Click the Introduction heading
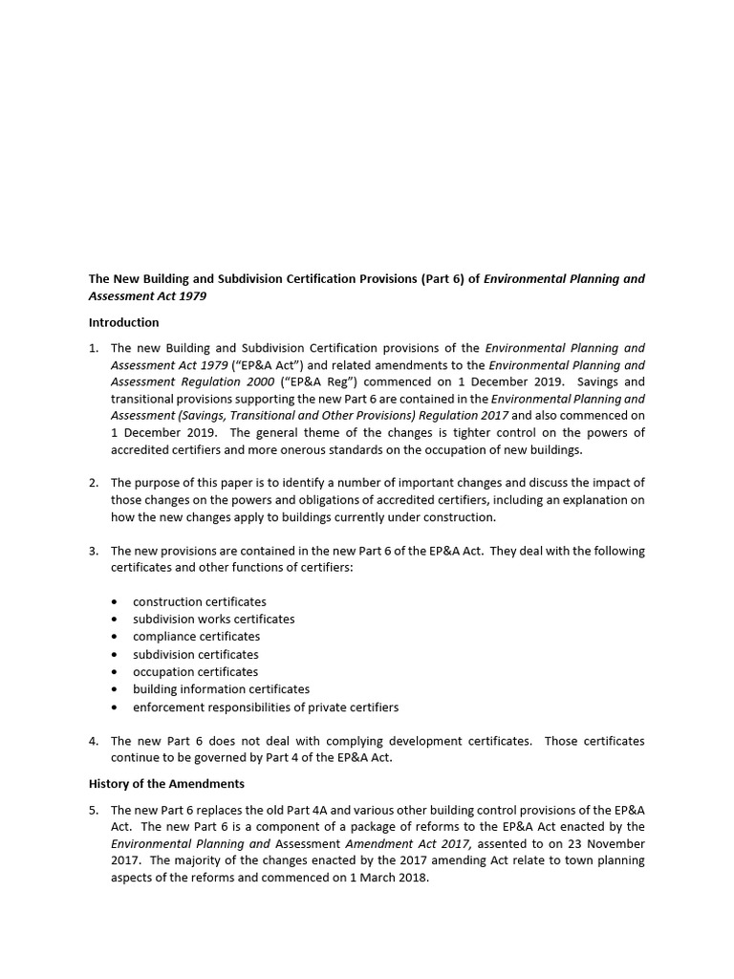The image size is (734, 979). [123, 322]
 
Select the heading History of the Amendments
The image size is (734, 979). [166, 783]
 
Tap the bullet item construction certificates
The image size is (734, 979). [199, 601]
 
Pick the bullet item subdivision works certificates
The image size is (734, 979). [213, 619]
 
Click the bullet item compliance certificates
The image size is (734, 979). [196, 636]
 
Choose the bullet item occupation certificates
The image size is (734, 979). [195, 671]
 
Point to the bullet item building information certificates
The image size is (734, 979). [221, 688]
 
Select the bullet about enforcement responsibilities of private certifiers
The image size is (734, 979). [265, 707]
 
